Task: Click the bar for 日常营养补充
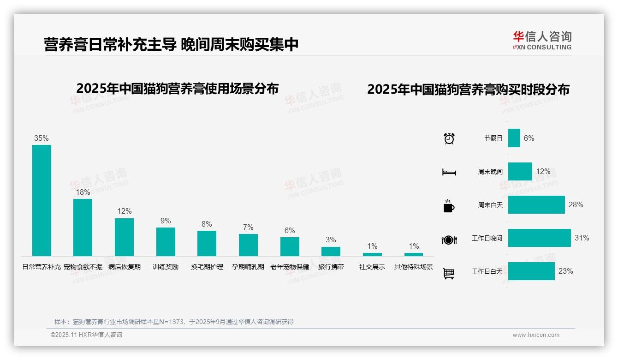pyautogui.click(x=42, y=200)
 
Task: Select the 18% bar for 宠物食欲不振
pyautogui.click(x=83, y=227)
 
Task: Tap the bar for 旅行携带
pyautogui.click(x=331, y=252)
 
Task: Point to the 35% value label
pyautogui.click(x=42, y=138)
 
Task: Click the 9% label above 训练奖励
pyautogui.click(x=166, y=221)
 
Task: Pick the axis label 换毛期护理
pyautogui.click(x=207, y=267)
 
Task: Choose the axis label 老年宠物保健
pyautogui.click(x=290, y=267)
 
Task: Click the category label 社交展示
pyautogui.click(x=372, y=267)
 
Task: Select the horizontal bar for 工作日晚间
pyautogui.click(x=539, y=238)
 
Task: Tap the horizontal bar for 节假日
pyautogui.click(x=514, y=138)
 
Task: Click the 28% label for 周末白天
pyautogui.click(x=576, y=204)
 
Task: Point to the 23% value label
pyautogui.click(x=565, y=271)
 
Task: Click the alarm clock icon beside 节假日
pyautogui.click(x=449, y=138)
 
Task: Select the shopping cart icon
pyautogui.click(x=449, y=273)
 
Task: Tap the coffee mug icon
pyautogui.click(x=449, y=206)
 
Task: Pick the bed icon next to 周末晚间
pyautogui.click(x=449, y=172)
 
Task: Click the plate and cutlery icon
pyautogui.click(x=449, y=240)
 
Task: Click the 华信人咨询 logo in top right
pyautogui.click(x=542, y=40)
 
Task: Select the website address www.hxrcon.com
pyautogui.click(x=536, y=335)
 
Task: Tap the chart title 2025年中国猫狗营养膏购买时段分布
pyautogui.click(x=468, y=89)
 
